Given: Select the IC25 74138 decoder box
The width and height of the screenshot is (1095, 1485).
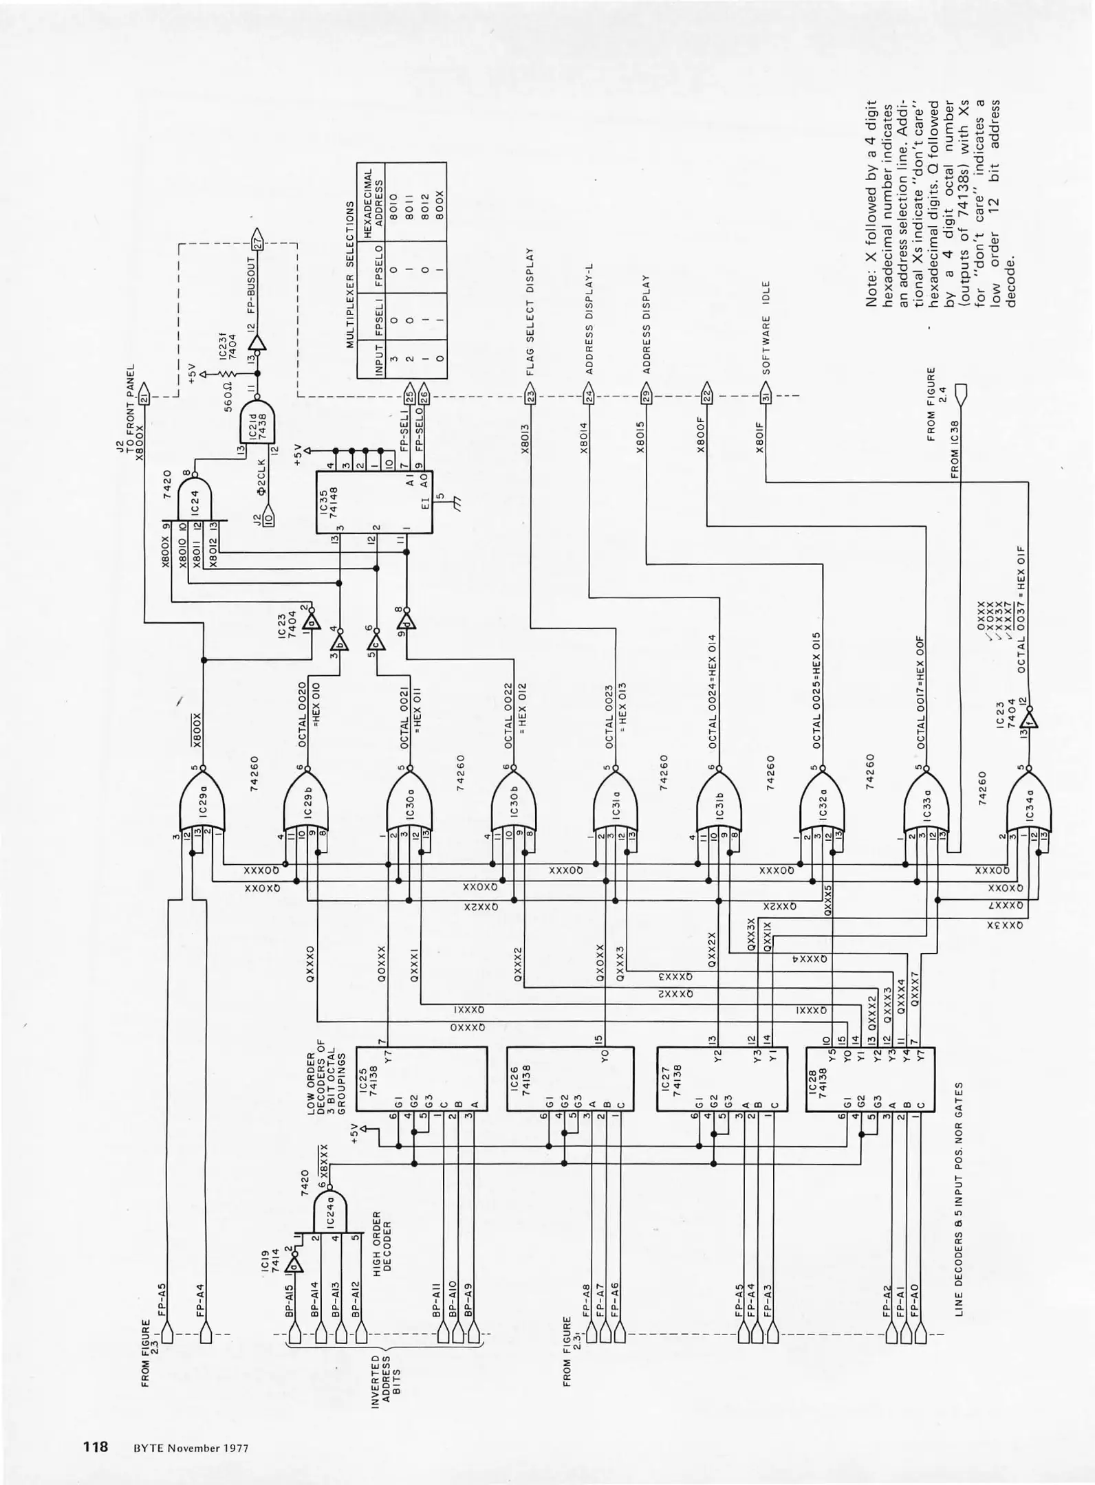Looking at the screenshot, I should pyautogui.click(x=421, y=1079).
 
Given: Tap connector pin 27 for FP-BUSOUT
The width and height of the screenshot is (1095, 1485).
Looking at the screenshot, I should pyautogui.click(x=258, y=239).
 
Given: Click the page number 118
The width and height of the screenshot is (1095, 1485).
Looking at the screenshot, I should pyautogui.click(x=96, y=1446).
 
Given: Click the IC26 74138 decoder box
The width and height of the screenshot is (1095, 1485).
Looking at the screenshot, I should pyautogui.click(x=572, y=1079).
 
